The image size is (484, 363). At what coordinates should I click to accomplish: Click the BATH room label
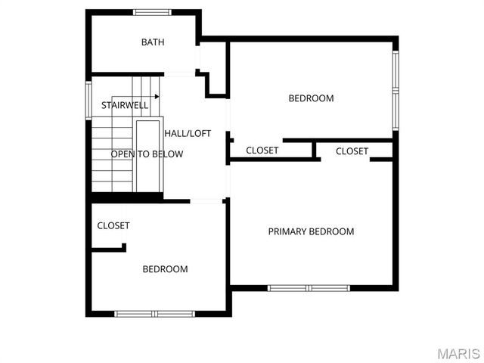[153, 42]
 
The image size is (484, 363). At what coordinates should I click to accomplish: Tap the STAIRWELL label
[125, 105]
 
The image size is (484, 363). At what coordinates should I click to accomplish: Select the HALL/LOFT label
[188, 133]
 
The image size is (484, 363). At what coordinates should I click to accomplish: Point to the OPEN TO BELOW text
[147, 154]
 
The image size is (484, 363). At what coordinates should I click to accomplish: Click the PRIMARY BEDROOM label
[311, 231]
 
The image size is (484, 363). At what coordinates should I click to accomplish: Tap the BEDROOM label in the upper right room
[311, 98]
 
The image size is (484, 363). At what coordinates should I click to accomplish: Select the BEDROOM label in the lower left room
[166, 269]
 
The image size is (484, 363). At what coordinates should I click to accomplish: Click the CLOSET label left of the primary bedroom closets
[262, 150]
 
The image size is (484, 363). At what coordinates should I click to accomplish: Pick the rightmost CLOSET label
[352, 151]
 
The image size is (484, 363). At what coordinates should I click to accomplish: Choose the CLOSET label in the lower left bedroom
[113, 225]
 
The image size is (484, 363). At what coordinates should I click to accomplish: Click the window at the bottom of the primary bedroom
[309, 288]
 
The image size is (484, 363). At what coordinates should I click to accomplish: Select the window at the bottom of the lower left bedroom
[154, 313]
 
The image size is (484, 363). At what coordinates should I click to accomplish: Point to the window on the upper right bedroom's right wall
[395, 89]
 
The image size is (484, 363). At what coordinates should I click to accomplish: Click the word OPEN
[123, 154]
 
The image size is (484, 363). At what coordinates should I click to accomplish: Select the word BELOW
[168, 154]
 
